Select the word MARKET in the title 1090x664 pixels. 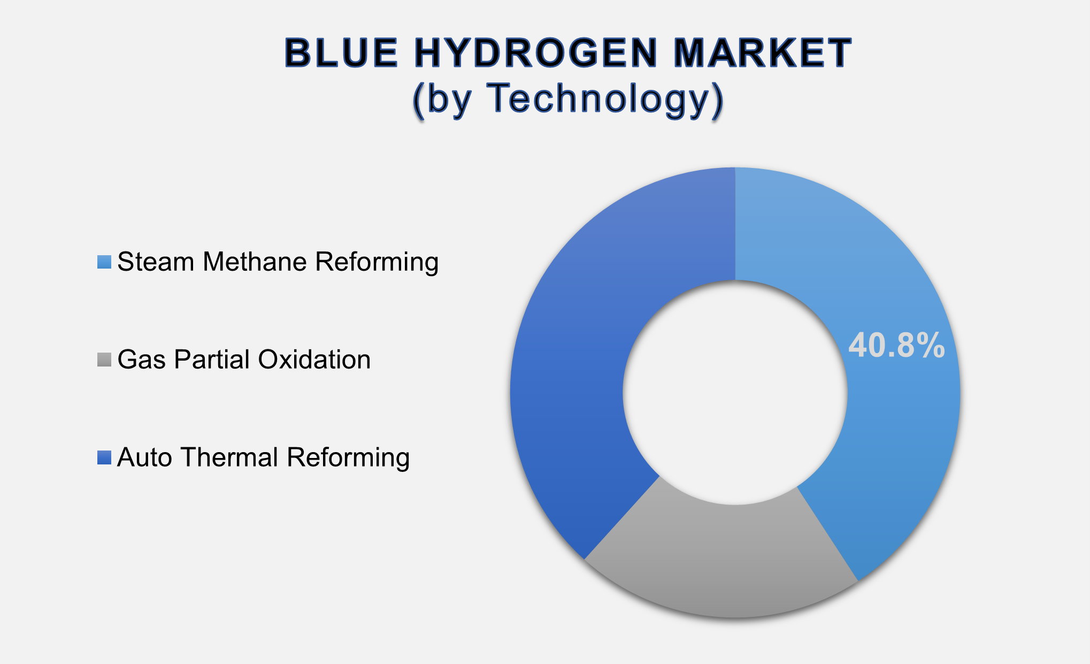click(x=762, y=53)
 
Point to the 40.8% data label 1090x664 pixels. click(x=896, y=346)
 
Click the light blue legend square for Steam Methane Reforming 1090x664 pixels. click(x=104, y=262)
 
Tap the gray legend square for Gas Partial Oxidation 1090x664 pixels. click(x=104, y=360)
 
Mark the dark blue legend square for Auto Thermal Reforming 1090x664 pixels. click(x=104, y=457)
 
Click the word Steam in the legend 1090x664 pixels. click(x=156, y=262)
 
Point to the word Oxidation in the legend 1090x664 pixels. click(x=314, y=360)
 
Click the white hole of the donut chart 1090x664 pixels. click(x=735, y=392)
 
